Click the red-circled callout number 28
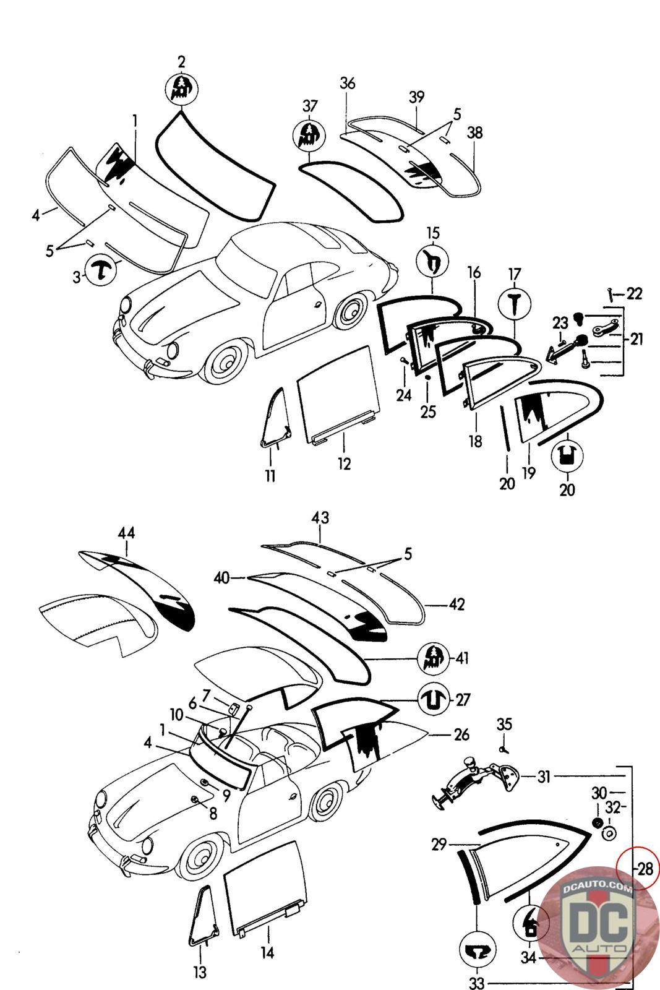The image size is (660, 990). pyautogui.click(x=645, y=869)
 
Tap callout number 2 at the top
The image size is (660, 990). pyautogui.click(x=181, y=62)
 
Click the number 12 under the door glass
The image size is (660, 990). pyautogui.click(x=344, y=463)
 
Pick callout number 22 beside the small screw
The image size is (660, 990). pyautogui.click(x=635, y=294)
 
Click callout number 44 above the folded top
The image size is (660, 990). pyautogui.click(x=126, y=532)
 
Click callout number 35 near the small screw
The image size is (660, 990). pyautogui.click(x=505, y=725)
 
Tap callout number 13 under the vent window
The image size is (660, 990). pyautogui.click(x=200, y=972)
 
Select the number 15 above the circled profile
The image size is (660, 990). pyautogui.click(x=433, y=233)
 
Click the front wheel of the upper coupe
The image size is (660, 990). pyautogui.click(x=223, y=366)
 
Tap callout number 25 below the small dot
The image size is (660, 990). pyautogui.click(x=428, y=411)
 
